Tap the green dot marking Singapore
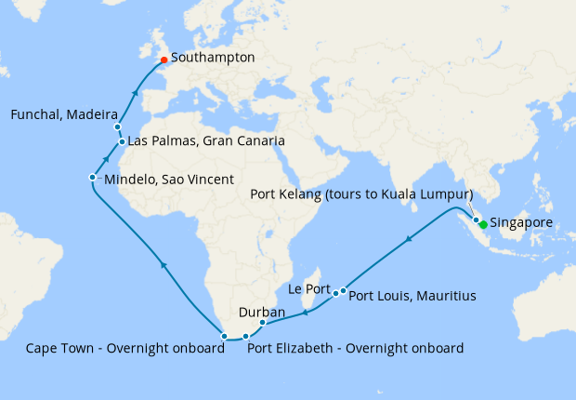483,224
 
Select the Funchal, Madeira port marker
117,127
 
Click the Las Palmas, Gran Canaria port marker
122,142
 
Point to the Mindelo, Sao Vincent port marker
92,178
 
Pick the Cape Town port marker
224,336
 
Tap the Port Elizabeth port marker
245,337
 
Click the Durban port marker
262,323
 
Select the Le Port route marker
335,294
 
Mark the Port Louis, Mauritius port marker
344,291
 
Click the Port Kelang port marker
476,220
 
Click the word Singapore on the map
521,224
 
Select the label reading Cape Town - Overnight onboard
125,349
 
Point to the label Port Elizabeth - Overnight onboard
355,349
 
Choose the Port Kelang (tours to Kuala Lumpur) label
362,194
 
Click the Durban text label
262,312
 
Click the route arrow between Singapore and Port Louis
409,242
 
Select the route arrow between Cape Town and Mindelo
164,266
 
